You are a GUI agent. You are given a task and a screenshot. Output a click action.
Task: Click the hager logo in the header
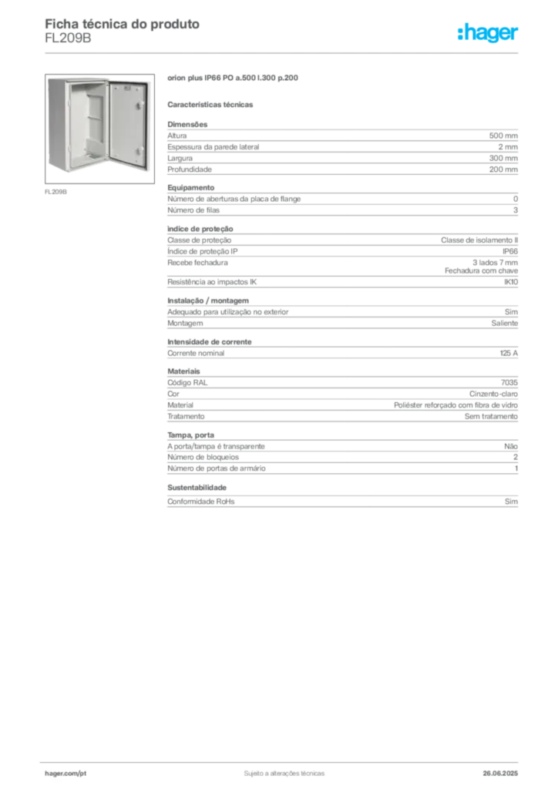[x=487, y=33]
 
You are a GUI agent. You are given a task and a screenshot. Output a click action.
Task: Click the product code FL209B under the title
[x=68, y=39]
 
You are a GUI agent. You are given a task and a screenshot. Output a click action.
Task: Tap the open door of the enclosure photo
[x=128, y=124]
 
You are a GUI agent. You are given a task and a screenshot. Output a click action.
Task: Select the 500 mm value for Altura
[x=503, y=136]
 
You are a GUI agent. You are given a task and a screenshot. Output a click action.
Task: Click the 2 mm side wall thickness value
[x=508, y=147]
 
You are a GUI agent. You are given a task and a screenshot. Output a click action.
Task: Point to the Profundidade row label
[x=189, y=170]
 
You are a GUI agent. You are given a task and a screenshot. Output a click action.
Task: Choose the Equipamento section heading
[x=190, y=188]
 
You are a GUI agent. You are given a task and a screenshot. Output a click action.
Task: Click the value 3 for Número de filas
[x=516, y=210]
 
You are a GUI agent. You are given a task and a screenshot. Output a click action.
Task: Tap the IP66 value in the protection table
[x=509, y=252]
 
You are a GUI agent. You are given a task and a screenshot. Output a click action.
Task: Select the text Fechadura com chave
[x=481, y=270]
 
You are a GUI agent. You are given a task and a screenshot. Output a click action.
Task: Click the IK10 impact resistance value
[x=511, y=282]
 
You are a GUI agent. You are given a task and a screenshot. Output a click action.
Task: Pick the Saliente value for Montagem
[x=504, y=324]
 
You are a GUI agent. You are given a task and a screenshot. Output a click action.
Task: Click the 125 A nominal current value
[x=509, y=353]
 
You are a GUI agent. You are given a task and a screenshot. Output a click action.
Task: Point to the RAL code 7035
[x=509, y=383]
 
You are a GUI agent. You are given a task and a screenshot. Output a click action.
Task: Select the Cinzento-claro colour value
[x=493, y=394]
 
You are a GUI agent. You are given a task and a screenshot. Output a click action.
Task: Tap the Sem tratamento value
[x=491, y=417]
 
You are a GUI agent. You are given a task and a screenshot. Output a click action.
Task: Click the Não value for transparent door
[x=511, y=446]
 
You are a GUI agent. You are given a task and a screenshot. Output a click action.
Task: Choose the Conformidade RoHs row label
[x=200, y=502]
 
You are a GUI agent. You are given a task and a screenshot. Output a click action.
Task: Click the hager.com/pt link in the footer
[x=66, y=774]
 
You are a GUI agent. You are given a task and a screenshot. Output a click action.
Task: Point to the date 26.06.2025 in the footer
[x=500, y=774]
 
